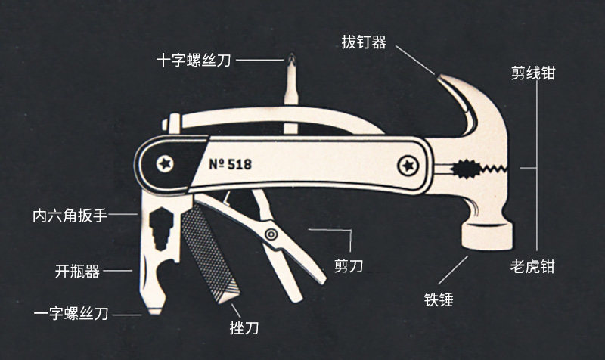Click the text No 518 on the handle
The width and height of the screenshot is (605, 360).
[230, 163]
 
